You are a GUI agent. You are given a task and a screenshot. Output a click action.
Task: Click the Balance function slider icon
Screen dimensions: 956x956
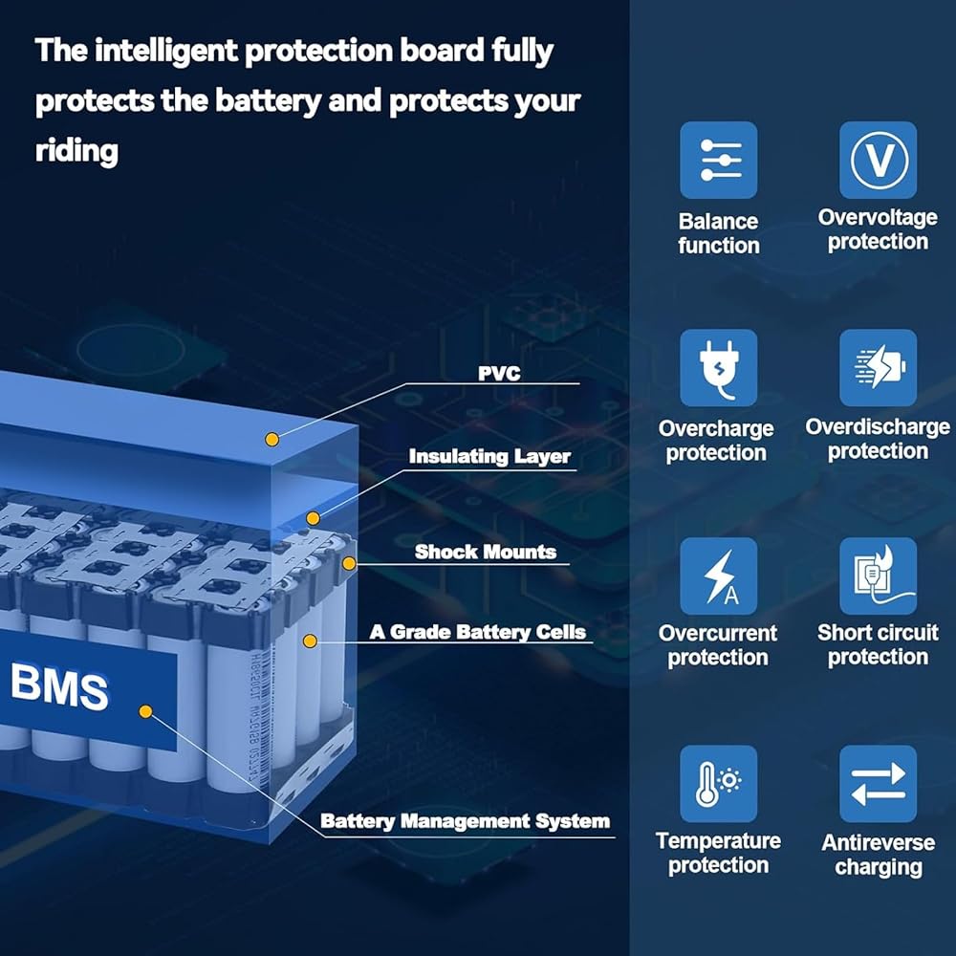point(718,160)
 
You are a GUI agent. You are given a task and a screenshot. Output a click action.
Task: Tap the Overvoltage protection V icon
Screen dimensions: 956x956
point(878,160)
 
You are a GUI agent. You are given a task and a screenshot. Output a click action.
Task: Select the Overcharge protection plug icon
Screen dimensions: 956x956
point(718,368)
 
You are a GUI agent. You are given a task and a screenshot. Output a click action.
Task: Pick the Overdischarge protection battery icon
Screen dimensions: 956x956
point(878,368)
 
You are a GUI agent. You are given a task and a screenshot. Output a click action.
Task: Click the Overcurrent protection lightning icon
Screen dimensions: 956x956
point(718,576)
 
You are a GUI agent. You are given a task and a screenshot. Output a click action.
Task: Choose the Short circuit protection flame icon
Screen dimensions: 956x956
point(878,576)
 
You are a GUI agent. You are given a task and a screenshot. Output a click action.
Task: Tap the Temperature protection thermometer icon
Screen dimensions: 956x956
point(718,784)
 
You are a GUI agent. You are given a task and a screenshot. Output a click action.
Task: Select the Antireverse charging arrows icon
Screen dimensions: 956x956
point(878,784)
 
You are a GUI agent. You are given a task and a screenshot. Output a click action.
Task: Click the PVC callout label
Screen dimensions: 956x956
point(499,373)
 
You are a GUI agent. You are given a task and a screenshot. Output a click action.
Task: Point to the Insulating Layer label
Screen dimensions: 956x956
point(489,457)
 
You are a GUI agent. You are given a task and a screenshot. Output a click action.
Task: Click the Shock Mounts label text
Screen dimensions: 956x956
point(486,552)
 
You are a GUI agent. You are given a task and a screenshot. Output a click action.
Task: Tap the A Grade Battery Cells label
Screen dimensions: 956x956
point(477,632)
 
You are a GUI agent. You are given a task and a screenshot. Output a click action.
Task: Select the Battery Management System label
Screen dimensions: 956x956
point(466,821)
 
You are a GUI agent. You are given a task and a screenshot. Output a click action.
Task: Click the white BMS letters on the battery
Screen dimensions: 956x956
point(59,686)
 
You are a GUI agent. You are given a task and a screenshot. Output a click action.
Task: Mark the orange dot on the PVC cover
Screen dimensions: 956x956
point(272,439)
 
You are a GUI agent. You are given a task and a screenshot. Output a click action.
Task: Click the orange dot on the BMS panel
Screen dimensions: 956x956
point(145,711)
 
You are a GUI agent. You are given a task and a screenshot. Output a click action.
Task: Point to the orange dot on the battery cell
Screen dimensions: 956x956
point(310,641)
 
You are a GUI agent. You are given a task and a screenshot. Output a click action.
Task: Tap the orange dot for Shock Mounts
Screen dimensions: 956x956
point(349,563)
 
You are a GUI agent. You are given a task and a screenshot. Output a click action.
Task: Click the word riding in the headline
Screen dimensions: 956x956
point(76,151)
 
